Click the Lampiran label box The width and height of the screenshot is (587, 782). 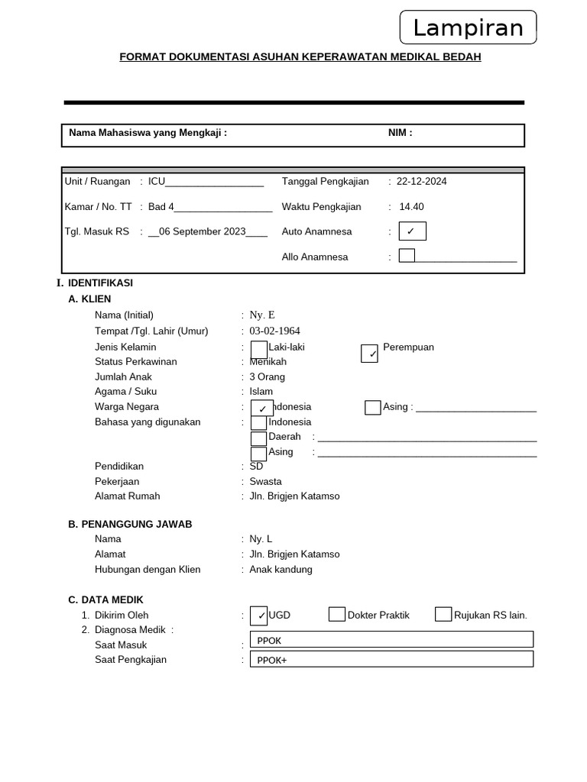point(468,28)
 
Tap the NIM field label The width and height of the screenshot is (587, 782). point(400,133)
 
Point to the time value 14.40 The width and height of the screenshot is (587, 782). point(411,207)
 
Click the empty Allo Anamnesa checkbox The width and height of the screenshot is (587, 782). point(407,256)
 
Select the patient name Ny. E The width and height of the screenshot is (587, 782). point(262,315)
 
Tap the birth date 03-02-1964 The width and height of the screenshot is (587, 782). point(274,331)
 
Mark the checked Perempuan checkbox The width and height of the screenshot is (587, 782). point(369,354)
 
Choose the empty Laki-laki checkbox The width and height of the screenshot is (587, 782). point(259,349)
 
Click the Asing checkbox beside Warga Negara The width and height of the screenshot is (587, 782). point(372,408)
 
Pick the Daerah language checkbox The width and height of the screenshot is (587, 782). point(259,438)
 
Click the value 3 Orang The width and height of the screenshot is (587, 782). point(267,377)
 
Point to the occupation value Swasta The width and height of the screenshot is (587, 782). point(265,482)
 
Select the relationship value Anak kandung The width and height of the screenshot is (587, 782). point(281,570)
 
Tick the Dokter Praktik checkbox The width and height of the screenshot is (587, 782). point(337,615)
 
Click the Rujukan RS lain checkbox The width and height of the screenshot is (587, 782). point(443,615)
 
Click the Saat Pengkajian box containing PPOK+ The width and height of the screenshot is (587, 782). point(391,660)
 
